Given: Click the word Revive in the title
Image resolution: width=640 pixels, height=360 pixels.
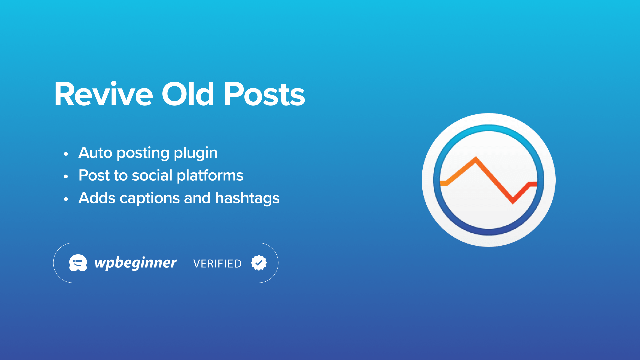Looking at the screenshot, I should [104, 94].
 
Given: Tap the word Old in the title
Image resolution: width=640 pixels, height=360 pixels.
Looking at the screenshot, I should [188, 94].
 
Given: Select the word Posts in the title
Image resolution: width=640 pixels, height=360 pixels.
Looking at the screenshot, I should [264, 94].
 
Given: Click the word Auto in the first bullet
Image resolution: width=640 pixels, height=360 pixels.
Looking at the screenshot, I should [95, 153].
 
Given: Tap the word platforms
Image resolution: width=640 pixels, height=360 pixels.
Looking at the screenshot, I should [210, 176].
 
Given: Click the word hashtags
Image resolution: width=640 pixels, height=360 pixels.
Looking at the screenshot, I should [247, 199].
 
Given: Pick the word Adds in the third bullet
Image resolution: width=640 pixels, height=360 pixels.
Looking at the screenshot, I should [97, 198].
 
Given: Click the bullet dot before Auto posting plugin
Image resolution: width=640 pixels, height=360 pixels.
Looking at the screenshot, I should [66, 154].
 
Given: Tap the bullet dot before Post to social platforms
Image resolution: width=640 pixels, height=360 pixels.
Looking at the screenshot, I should [66, 176].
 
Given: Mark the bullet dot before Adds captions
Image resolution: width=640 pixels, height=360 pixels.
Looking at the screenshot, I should [66, 199].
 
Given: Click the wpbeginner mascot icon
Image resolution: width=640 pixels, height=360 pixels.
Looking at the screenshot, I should [78, 263].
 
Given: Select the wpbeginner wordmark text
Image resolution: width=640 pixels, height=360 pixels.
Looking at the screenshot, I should [135, 263].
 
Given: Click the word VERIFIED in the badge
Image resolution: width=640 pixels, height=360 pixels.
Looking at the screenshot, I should [217, 264].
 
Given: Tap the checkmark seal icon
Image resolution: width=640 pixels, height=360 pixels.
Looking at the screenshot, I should [259, 263].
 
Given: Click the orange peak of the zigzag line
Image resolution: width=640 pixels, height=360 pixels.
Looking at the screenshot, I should [476, 159].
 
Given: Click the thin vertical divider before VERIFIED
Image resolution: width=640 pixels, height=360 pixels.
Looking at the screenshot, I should [185, 263].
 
